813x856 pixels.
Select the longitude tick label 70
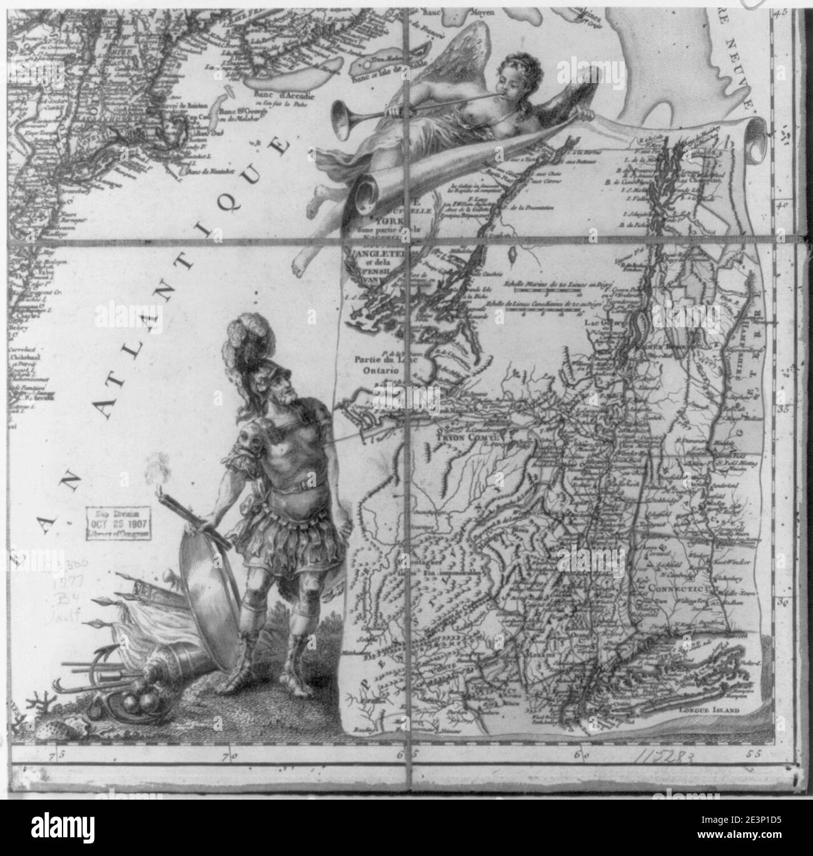(233, 756)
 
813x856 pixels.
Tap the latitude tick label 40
(782, 205)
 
